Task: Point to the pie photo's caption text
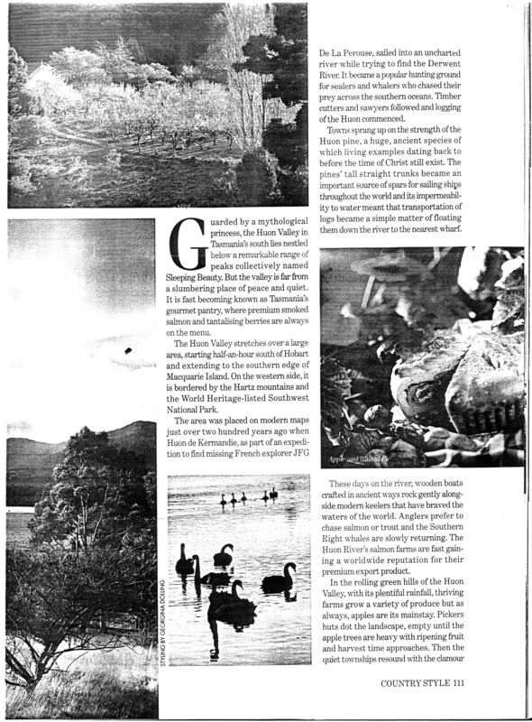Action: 352,458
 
